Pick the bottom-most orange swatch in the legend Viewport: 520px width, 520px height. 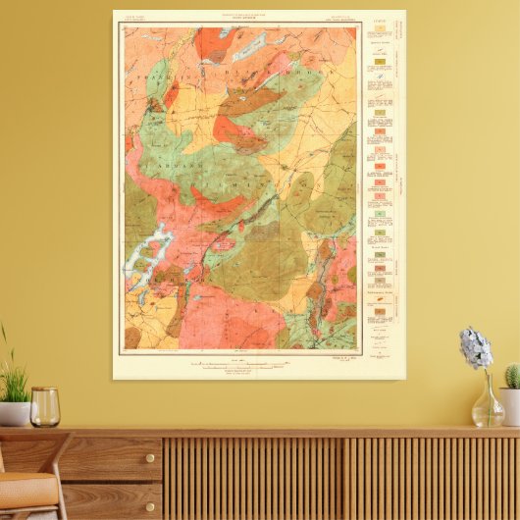coord(380,311)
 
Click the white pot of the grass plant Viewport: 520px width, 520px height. coord(13,413)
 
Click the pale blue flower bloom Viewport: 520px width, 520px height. coord(476,348)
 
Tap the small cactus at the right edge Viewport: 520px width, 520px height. coord(512,376)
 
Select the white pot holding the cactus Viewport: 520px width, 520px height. coord(510,405)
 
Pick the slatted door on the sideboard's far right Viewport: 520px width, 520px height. coord(432,478)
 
